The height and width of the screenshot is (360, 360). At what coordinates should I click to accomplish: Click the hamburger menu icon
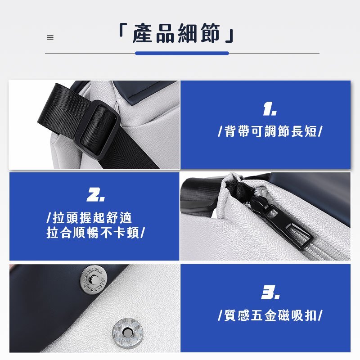click(50, 37)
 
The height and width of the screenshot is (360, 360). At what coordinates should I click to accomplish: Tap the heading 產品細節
click(176, 33)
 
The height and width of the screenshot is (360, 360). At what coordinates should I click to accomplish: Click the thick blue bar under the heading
click(182, 53)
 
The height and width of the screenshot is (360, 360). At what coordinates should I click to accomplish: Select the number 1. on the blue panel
click(270, 109)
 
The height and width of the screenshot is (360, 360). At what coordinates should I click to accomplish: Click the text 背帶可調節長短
click(270, 131)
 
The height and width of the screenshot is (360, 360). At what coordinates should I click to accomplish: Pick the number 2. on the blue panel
click(95, 195)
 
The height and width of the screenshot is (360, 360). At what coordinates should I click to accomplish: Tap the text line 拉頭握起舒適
click(92, 218)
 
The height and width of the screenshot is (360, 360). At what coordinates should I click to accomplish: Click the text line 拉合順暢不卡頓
click(93, 233)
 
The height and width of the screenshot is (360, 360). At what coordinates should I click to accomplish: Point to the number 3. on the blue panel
click(270, 292)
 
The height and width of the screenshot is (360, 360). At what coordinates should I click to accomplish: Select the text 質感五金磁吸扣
click(270, 315)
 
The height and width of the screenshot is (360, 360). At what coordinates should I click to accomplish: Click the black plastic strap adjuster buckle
click(98, 130)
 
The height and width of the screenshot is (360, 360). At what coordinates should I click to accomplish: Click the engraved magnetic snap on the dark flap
click(93, 279)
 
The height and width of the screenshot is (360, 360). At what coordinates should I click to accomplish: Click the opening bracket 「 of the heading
click(123, 30)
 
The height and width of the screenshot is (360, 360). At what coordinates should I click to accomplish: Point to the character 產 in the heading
click(142, 33)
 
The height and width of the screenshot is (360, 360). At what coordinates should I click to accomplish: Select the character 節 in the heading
click(210, 33)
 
